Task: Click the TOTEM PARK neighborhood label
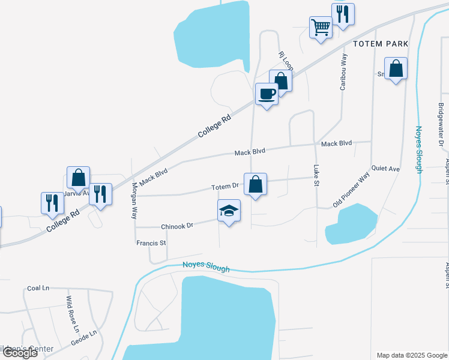click(381, 44)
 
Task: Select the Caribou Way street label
click(343, 72)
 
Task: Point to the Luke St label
click(315, 175)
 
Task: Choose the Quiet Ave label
click(385, 169)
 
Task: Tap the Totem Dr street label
click(226, 188)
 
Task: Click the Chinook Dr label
click(176, 226)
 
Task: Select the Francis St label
click(151, 243)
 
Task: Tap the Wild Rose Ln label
click(72, 314)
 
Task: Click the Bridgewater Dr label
click(440, 125)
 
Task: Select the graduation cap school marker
click(229, 211)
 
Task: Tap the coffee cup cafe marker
click(267, 94)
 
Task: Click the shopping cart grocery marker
click(321, 27)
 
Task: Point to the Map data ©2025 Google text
click(411, 355)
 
